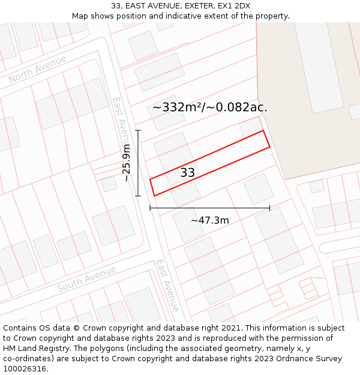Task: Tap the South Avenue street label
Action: click(86, 280)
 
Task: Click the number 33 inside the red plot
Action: click(187, 173)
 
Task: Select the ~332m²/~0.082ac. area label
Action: click(209, 107)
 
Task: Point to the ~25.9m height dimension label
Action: click(126, 163)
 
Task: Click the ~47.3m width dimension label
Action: click(209, 220)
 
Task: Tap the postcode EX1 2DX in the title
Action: click(234, 6)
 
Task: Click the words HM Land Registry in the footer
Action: click(34, 349)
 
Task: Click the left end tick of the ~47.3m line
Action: click(150, 208)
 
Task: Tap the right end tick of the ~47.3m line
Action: click(269, 208)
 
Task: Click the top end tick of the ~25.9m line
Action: click(138, 130)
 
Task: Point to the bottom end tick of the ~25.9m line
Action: click(138, 196)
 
